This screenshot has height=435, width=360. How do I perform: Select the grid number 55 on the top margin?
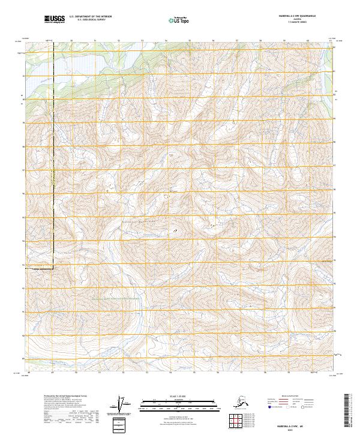(x=190, y=41)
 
